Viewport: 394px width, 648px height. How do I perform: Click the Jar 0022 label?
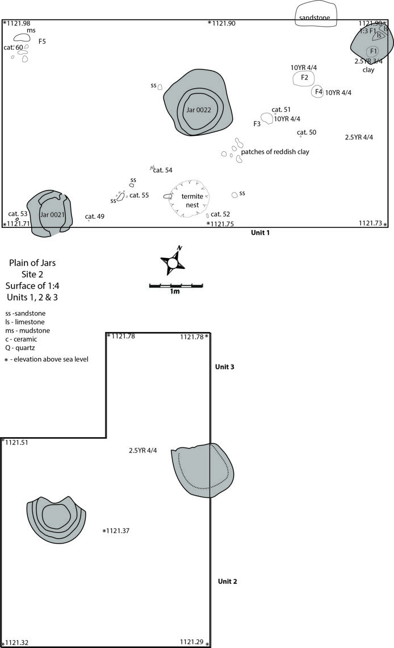coord(199,110)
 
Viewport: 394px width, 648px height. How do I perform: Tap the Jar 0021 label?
coord(52,214)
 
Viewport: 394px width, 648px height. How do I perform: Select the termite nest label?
coord(192,201)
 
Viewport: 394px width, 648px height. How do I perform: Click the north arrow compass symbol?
coord(173,262)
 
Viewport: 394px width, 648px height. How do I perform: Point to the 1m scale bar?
coord(176,285)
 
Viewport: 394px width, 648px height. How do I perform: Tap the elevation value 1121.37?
coord(118,531)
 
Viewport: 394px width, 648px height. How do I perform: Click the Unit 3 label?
coord(225,367)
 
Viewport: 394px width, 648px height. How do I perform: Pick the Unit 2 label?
coord(227,581)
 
